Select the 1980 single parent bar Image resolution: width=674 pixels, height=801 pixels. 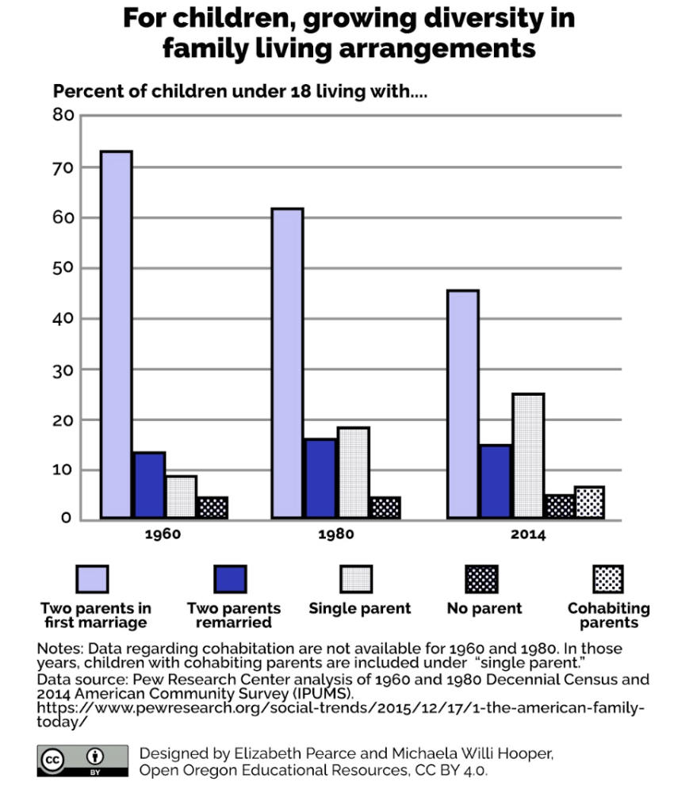click(353, 473)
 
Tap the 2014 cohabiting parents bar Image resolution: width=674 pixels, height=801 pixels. click(589, 503)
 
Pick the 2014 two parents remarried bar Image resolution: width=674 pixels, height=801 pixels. click(496, 481)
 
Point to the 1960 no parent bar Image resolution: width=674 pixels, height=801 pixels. click(212, 508)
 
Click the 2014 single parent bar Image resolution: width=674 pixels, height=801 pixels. click(527, 456)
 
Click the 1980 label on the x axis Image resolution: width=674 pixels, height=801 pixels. click(335, 535)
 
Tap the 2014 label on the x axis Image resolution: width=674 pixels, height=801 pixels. click(527, 535)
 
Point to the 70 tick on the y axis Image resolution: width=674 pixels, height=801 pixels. click(63, 167)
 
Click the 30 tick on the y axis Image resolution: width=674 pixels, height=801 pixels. click(63, 370)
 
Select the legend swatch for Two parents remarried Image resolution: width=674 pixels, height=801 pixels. click(230, 579)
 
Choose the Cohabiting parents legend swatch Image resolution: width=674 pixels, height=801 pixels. click(607, 579)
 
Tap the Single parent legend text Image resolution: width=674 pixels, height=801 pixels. click(360, 608)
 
